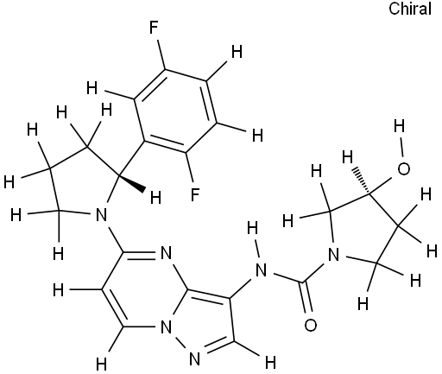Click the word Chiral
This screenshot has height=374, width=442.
click(x=410, y=9)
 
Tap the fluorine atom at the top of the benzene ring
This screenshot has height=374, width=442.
click(x=154, y=29)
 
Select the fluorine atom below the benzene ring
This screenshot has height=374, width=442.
click(x=195, y=194)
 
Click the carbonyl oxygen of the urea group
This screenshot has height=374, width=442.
click(x=311, y=326)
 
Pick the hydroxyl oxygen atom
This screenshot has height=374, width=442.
click(x=403, y=169)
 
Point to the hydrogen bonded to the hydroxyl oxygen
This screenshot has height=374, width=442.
click(x=399, y=126)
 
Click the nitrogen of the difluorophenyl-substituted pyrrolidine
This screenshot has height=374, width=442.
click(x=101, y=214)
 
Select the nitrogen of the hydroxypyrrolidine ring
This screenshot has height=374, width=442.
click(x=333, y=255)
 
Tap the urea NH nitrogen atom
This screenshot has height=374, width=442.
click(x=261, y=270)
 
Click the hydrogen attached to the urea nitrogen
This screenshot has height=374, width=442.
click(x=252, y=229)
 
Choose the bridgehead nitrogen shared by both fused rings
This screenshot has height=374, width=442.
click(x=166, y=327)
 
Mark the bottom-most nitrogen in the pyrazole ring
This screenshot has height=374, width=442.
click(x=194, y=359)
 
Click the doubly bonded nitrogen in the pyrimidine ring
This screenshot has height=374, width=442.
click(x=166, y=253)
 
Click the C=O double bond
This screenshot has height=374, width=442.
click(x=306, y=296)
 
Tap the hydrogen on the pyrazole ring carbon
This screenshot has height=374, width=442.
click(x=270, y=363)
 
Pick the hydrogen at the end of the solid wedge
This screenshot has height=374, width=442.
click(x=155, y=199)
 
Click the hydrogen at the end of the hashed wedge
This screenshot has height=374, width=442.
click(x=347, y=157)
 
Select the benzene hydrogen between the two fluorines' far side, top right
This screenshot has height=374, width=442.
click(x=237, y=53)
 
